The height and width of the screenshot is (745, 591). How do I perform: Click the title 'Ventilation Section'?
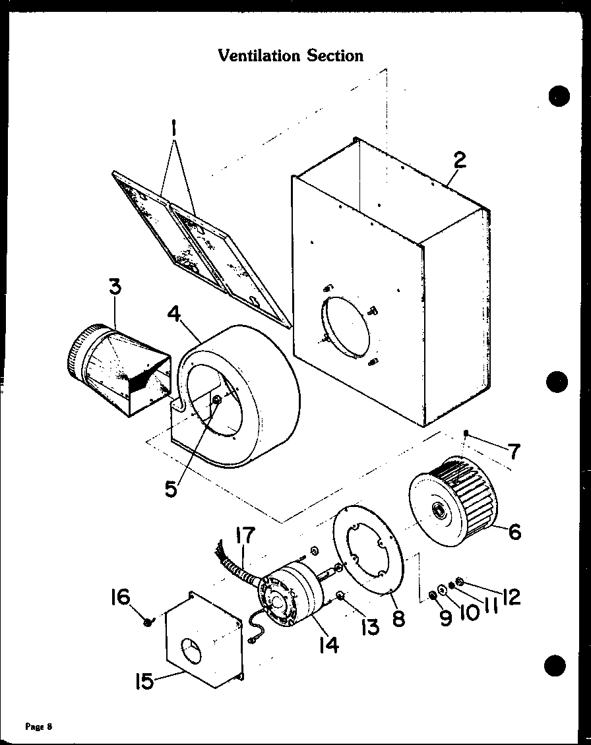tap(290, 55)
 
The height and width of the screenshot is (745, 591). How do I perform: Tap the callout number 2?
tap(459, 160)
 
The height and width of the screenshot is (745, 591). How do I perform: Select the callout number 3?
tap(114, 287)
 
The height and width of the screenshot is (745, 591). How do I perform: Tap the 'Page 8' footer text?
tap(38, 727)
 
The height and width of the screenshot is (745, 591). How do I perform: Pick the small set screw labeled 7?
tap(466, 433)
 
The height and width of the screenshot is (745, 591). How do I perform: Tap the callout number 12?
tap(510, 597)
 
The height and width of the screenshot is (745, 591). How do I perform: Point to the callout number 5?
tap(171, 490)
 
